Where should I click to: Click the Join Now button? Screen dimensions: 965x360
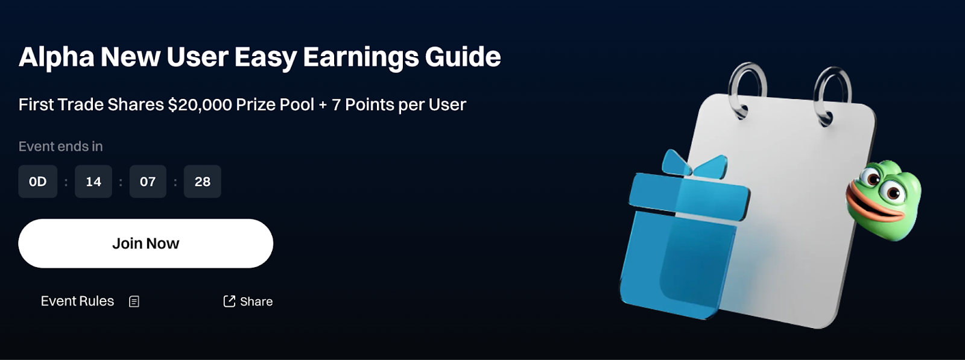click(145, 243)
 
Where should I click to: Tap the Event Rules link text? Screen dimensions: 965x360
click(78, 301)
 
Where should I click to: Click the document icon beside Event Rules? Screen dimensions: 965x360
click(134, 302)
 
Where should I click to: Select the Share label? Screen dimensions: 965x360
click(256, 302)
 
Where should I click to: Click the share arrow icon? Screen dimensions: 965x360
click(229, 301)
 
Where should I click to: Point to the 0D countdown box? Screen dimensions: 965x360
click(37, 182)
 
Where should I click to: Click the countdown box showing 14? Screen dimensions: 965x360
click(93, 182)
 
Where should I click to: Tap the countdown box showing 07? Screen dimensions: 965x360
click(148, 182)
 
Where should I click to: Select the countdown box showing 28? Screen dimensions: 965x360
click(203, 182)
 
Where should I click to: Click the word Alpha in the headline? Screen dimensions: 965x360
click(57, 57)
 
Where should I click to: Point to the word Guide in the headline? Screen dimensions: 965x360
click(463, 57)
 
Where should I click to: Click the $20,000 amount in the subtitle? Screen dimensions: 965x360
click(200, 105)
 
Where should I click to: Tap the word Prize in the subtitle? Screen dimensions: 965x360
click(256, 105)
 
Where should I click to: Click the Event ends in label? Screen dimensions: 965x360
click(61, 147)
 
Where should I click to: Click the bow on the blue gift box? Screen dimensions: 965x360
click(694, 165)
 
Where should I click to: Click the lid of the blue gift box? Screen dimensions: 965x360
click(689, 196)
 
